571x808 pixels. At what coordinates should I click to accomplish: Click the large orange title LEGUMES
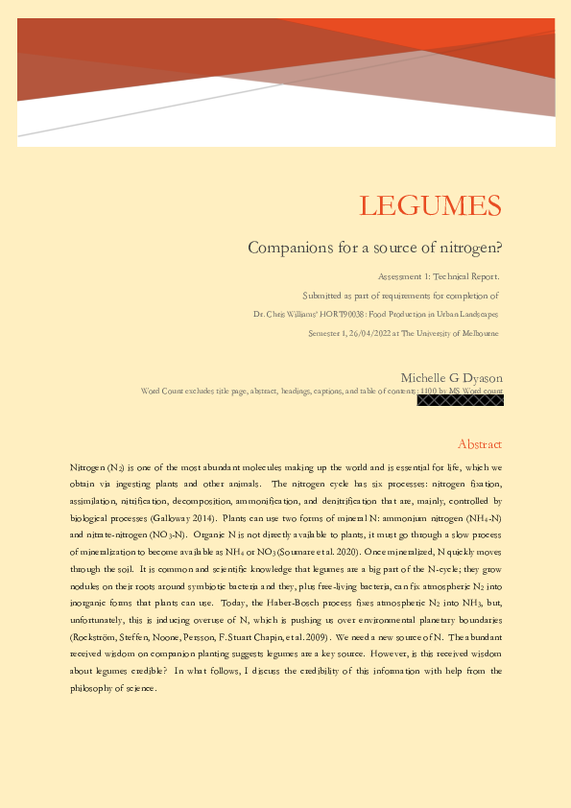430,205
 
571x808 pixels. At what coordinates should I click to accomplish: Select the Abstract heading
480,444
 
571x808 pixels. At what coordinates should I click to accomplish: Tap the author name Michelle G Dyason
451,377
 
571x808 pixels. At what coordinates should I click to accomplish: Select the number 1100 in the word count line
430,391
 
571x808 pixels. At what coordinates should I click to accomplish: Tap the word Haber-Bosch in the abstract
279,605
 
